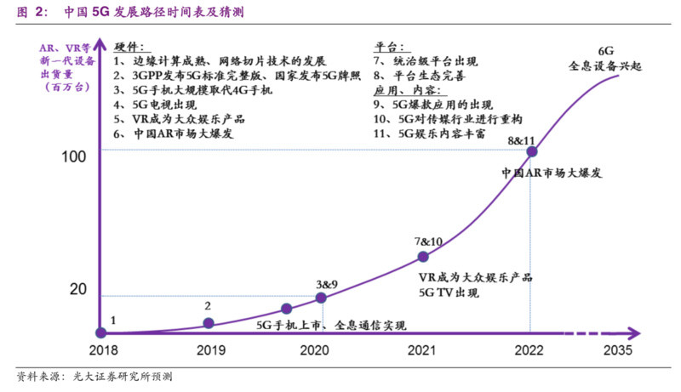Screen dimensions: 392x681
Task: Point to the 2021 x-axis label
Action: tap(421, 350)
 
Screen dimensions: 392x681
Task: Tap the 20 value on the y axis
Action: tap(79, 289)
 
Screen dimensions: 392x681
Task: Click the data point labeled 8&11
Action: tap(532, 152)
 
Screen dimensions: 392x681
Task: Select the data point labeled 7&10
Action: tap(423, 257)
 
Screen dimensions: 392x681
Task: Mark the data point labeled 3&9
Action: tap(321, 298)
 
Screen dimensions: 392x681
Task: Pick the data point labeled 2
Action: tap(209, 323)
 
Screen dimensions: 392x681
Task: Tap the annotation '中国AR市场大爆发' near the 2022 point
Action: tap(551, 173)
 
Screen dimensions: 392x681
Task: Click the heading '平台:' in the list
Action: tap(390, 48)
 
